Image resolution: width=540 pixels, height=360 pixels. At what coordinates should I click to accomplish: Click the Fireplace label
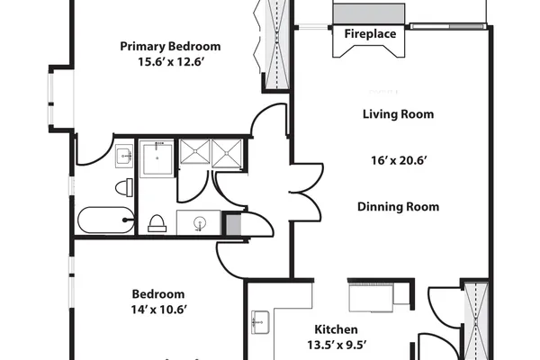point(370,34)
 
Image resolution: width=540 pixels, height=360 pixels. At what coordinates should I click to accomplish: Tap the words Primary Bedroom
point(170,46)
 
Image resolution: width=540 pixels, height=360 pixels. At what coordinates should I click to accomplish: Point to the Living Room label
point(398,114)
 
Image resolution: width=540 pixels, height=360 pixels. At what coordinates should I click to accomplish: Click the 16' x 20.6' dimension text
point(399,160)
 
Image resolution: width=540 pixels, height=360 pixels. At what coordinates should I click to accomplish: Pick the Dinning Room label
point(398,207)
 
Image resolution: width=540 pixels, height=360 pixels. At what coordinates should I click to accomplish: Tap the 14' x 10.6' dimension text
point(158,310)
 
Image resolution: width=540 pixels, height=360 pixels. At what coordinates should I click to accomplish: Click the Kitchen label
point(336,329)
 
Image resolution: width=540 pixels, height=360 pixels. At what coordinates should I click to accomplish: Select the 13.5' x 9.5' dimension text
point(336,345)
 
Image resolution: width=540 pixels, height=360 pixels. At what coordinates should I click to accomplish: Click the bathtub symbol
point(106,220)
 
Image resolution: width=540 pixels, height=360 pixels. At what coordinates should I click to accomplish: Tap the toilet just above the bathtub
point(124,188)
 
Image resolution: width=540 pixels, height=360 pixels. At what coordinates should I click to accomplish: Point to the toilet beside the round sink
point(157,223)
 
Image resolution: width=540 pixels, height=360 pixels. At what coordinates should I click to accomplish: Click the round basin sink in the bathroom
point(200,222)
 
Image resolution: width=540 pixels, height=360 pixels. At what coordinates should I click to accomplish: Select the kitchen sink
point(260,322)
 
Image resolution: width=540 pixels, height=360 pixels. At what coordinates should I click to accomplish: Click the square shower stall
point(157,158)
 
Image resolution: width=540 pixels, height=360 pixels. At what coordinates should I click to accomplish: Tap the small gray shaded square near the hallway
point(233,224)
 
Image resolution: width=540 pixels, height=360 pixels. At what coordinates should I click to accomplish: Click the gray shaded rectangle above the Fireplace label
point(368,13)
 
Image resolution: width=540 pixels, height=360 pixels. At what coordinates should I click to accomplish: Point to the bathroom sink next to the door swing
point(124,156)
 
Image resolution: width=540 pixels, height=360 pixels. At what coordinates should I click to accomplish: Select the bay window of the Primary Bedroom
point(51,100)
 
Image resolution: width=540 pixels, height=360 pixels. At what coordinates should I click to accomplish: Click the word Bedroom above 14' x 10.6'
point(158,294)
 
